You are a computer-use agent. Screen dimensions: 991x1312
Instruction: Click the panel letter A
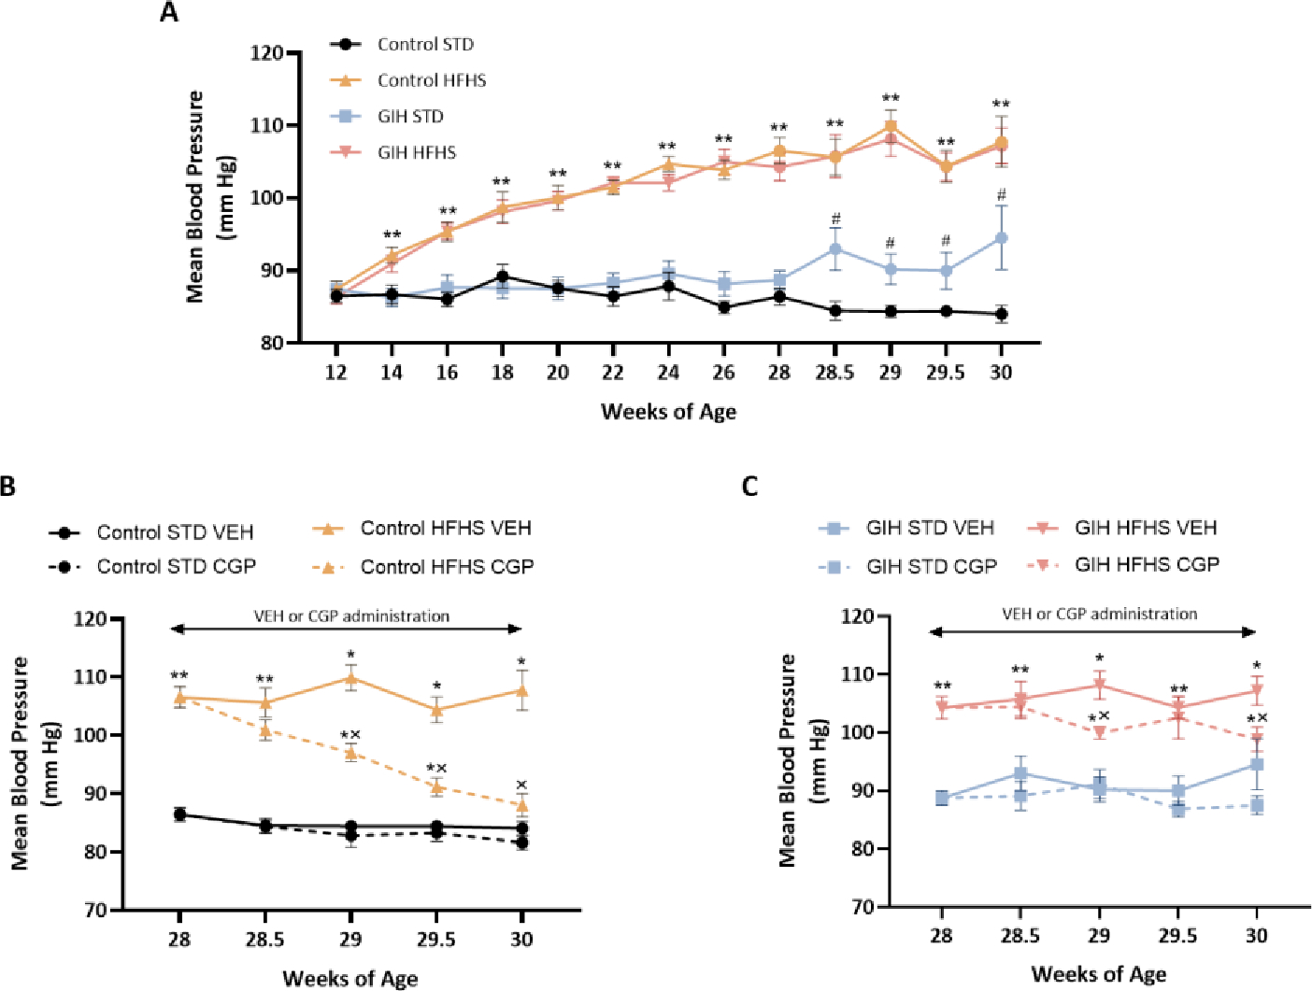(x=169, y=12)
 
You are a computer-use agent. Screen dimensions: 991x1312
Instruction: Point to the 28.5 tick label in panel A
(x=834, y=373)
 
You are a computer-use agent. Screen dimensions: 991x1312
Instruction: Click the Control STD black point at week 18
(x=503, y=276)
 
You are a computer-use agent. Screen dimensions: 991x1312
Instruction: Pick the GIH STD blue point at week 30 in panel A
(x=1001, y=238)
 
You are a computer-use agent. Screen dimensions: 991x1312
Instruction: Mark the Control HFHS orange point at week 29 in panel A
(x=891, y=126)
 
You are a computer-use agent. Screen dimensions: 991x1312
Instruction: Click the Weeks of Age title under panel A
(x=668, y=412)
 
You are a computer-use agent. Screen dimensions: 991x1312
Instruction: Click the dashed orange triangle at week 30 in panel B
(x=521, y=805)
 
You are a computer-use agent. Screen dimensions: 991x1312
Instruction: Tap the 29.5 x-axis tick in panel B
(x=435, y=939)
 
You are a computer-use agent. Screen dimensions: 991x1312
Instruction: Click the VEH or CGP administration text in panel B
(x=351, y=616)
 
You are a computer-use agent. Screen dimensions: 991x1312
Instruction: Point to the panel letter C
(x=749, y=487)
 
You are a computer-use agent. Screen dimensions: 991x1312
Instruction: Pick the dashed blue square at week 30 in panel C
(x=1257, y=805)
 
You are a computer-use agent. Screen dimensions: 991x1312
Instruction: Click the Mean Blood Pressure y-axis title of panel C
(x=789, y=760)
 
